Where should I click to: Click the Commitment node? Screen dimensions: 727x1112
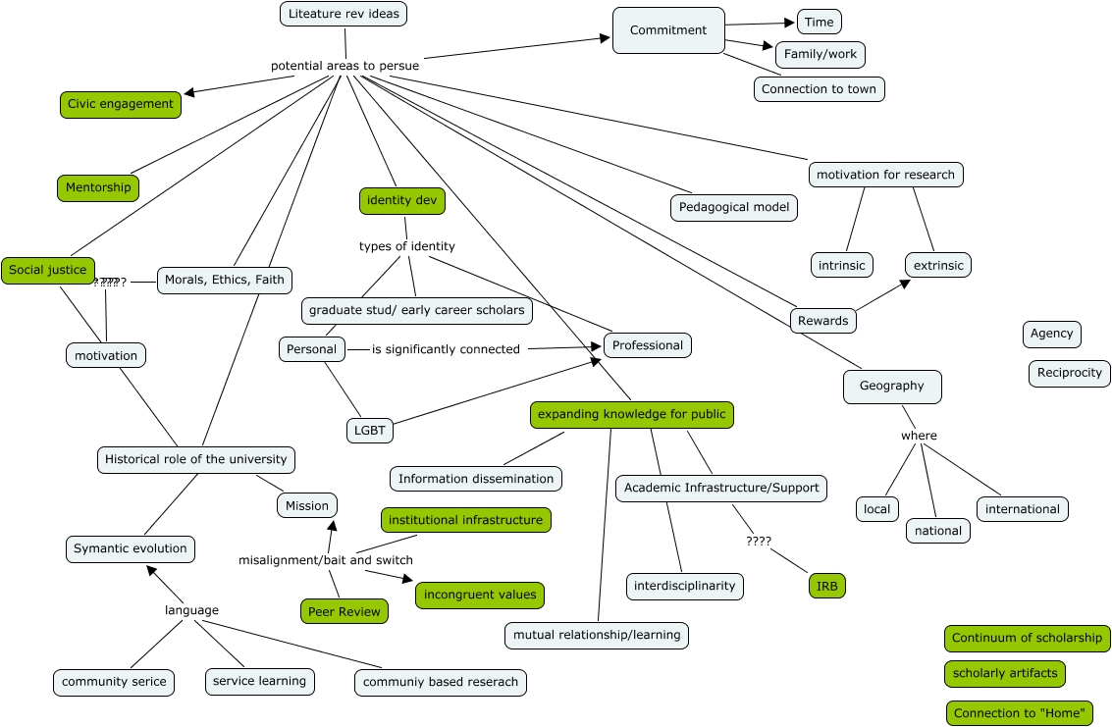[668, 30]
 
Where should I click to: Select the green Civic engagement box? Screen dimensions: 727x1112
[121, 104]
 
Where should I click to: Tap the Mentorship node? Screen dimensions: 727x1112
[98, 187]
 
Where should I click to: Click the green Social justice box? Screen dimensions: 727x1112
[48, 270]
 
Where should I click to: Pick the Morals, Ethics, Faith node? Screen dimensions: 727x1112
[225, 280]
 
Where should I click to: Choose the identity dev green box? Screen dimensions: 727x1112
[401, 201]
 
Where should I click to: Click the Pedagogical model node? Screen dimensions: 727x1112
[734, 207]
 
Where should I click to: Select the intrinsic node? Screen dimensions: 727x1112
[842, 265]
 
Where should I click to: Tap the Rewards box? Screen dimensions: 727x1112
[822, 321]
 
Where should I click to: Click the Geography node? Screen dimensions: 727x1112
[892, 387]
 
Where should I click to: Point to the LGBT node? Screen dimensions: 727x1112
[370, 430]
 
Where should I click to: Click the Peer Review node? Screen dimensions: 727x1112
[344, 611]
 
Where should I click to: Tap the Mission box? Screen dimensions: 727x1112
[307, 505]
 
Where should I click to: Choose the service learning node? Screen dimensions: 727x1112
[260, 681]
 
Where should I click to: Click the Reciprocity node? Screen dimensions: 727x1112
[1070, 373]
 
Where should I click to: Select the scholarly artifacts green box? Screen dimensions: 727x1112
[1005, 673]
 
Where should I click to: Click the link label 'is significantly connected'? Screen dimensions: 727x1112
[446, 349]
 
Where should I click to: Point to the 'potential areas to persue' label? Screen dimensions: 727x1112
[344, 66]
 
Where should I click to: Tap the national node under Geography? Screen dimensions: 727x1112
[938, 531]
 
